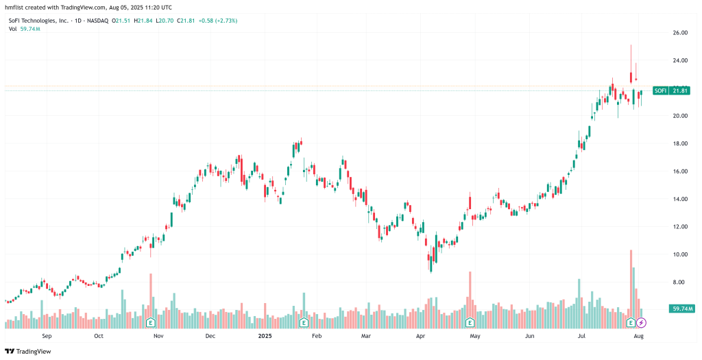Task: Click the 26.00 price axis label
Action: (x=679, y=33)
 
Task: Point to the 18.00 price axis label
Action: (x=679, y=144)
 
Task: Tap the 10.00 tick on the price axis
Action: (x=679, y=254)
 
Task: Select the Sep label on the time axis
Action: (x=47, y=337)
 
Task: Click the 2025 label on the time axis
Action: (x=265, y=337)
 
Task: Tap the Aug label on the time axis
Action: (x=638, y=337)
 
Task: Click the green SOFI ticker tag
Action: (x=660, y=91)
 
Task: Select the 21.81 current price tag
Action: (x=680, y=91)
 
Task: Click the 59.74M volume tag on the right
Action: (x=683, y=309)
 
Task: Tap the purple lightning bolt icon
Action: (x=641, y=322)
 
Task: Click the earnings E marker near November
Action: (x=150, y=322)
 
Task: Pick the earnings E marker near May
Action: (x=470, y=322)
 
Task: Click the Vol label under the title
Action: (x=13, y=30)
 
